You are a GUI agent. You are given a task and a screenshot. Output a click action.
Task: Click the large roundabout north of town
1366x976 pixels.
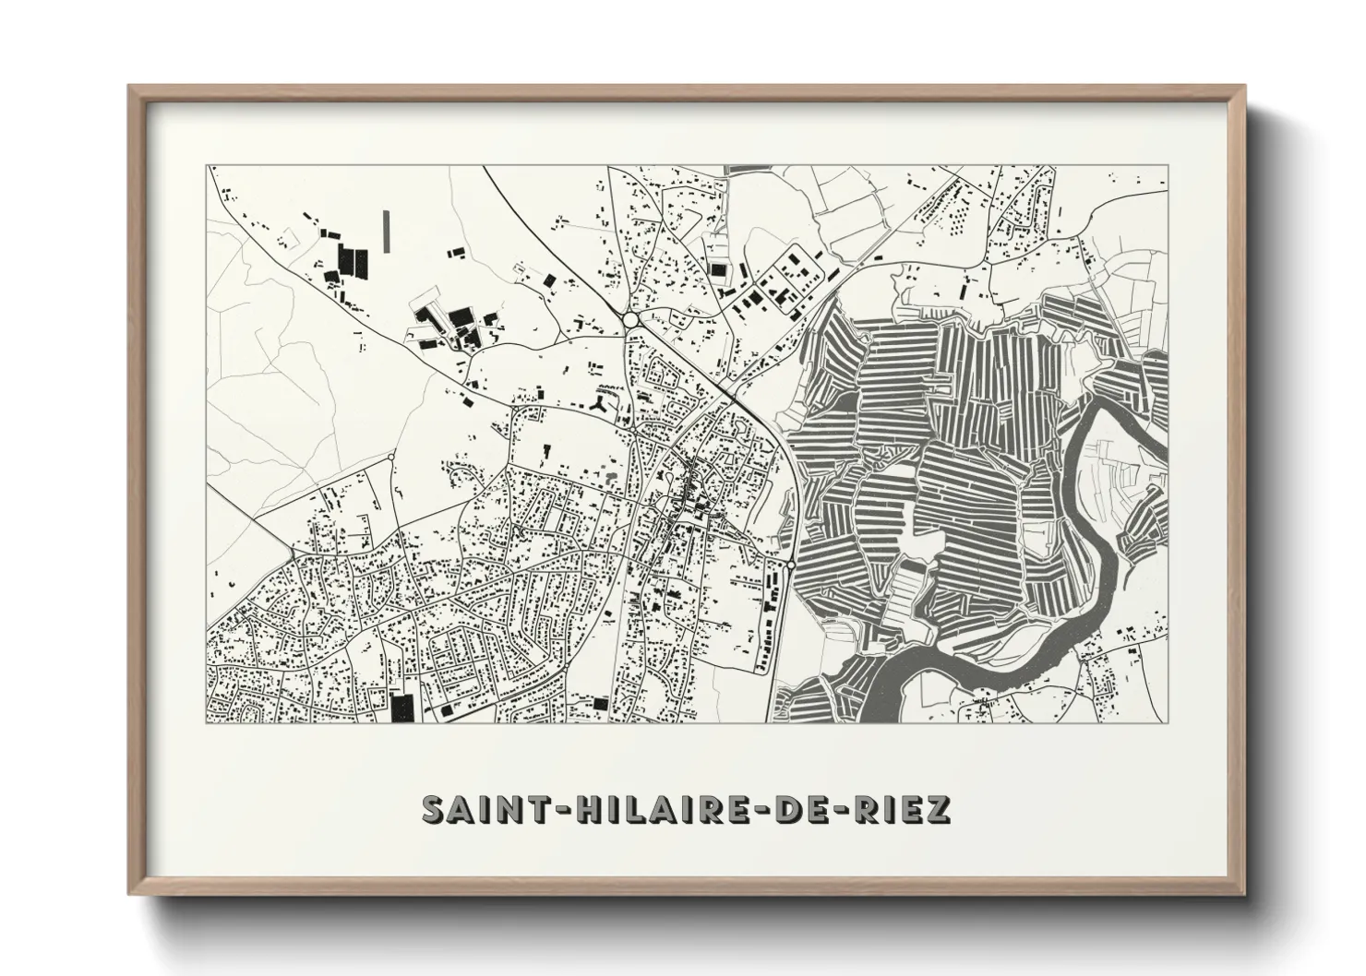tap(631, 319)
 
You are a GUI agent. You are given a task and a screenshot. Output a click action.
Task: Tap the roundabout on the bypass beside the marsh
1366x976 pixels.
tap(791, 565)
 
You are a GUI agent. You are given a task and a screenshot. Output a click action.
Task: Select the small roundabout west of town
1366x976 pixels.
tap(391, 456)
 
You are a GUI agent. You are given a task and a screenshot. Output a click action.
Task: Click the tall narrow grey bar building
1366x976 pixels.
tap(386, 230)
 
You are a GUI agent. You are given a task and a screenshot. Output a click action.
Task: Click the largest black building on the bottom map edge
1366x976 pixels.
tap(401, 708)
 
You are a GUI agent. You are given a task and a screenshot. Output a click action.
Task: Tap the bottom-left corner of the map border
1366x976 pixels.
tap(208, 722)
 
